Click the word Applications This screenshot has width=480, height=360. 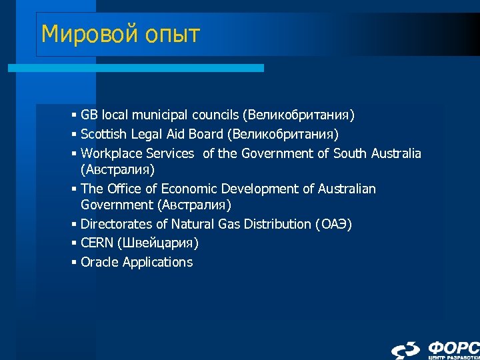point(157,262)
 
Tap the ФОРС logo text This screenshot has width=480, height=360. point(453,347)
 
